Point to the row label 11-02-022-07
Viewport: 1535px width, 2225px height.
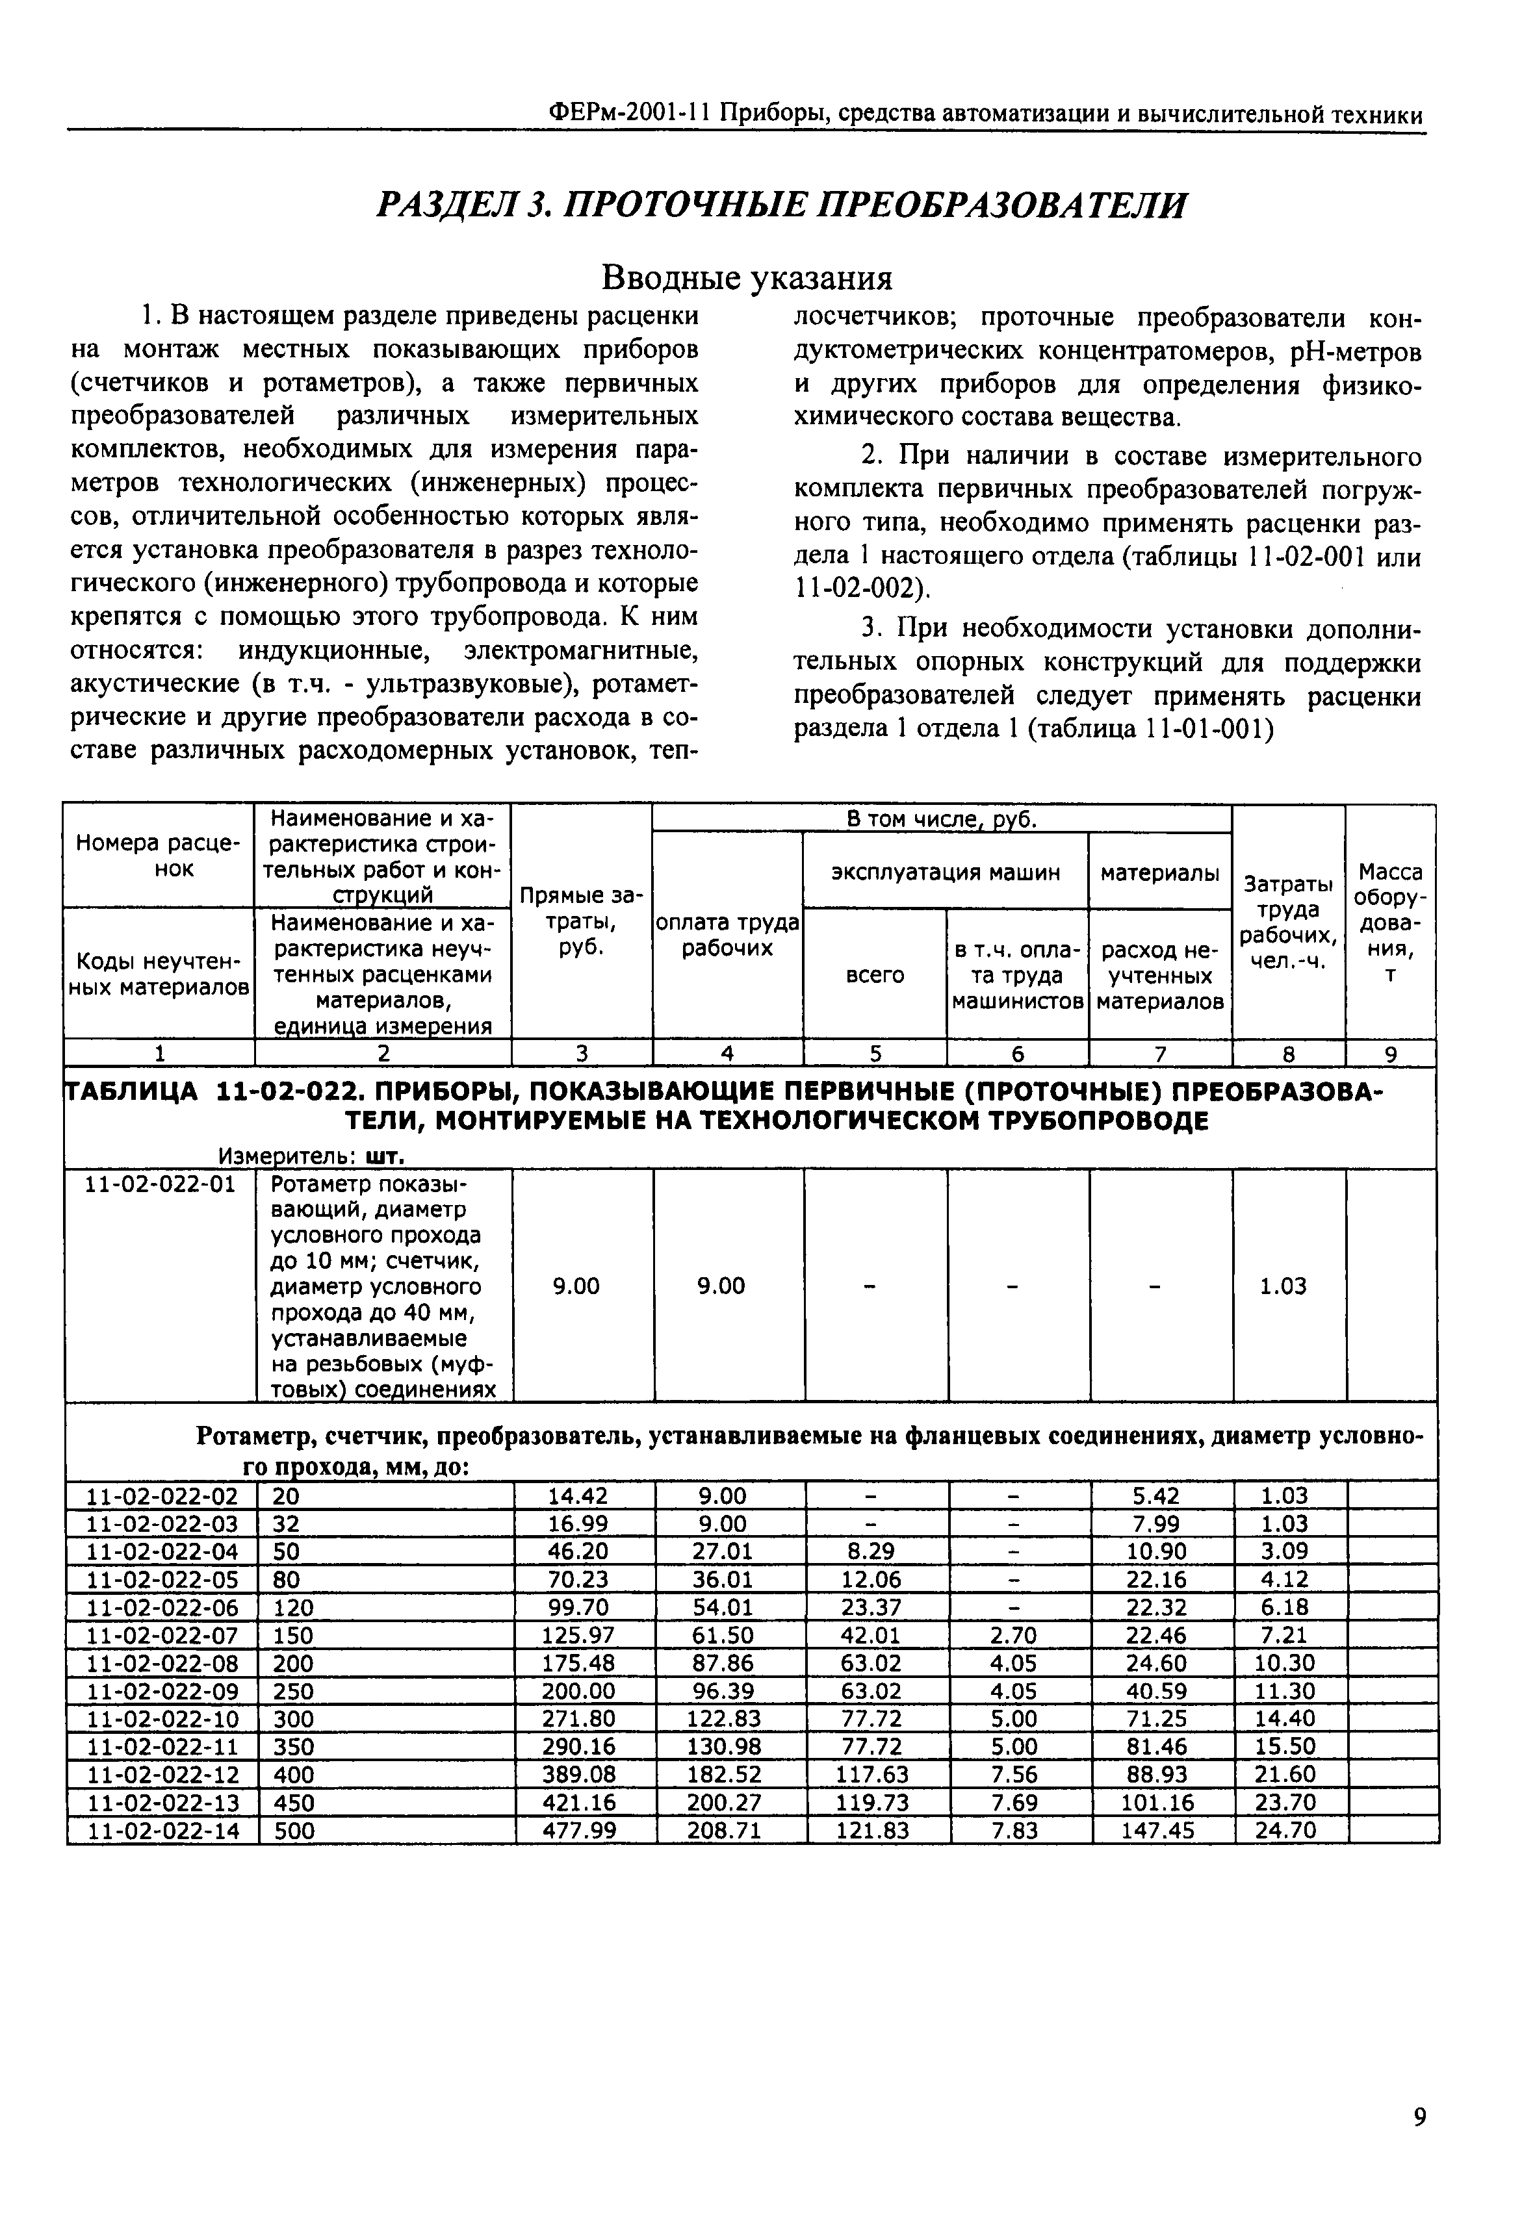162,1636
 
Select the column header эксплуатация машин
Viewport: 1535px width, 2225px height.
946,872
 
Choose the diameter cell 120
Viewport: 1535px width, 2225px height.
293,1608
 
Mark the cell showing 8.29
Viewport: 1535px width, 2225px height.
873,1552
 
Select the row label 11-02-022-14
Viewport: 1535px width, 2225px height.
162,1831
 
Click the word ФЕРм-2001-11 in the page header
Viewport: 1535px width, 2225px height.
627,114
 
